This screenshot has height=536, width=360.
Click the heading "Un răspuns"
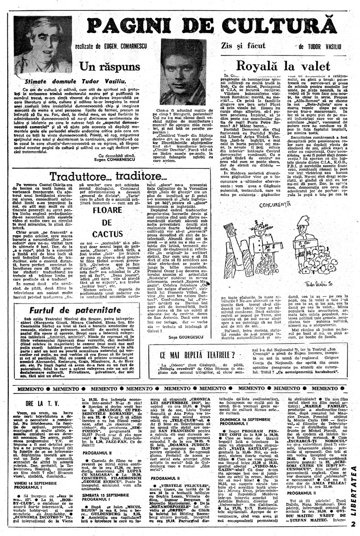(100, 67)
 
